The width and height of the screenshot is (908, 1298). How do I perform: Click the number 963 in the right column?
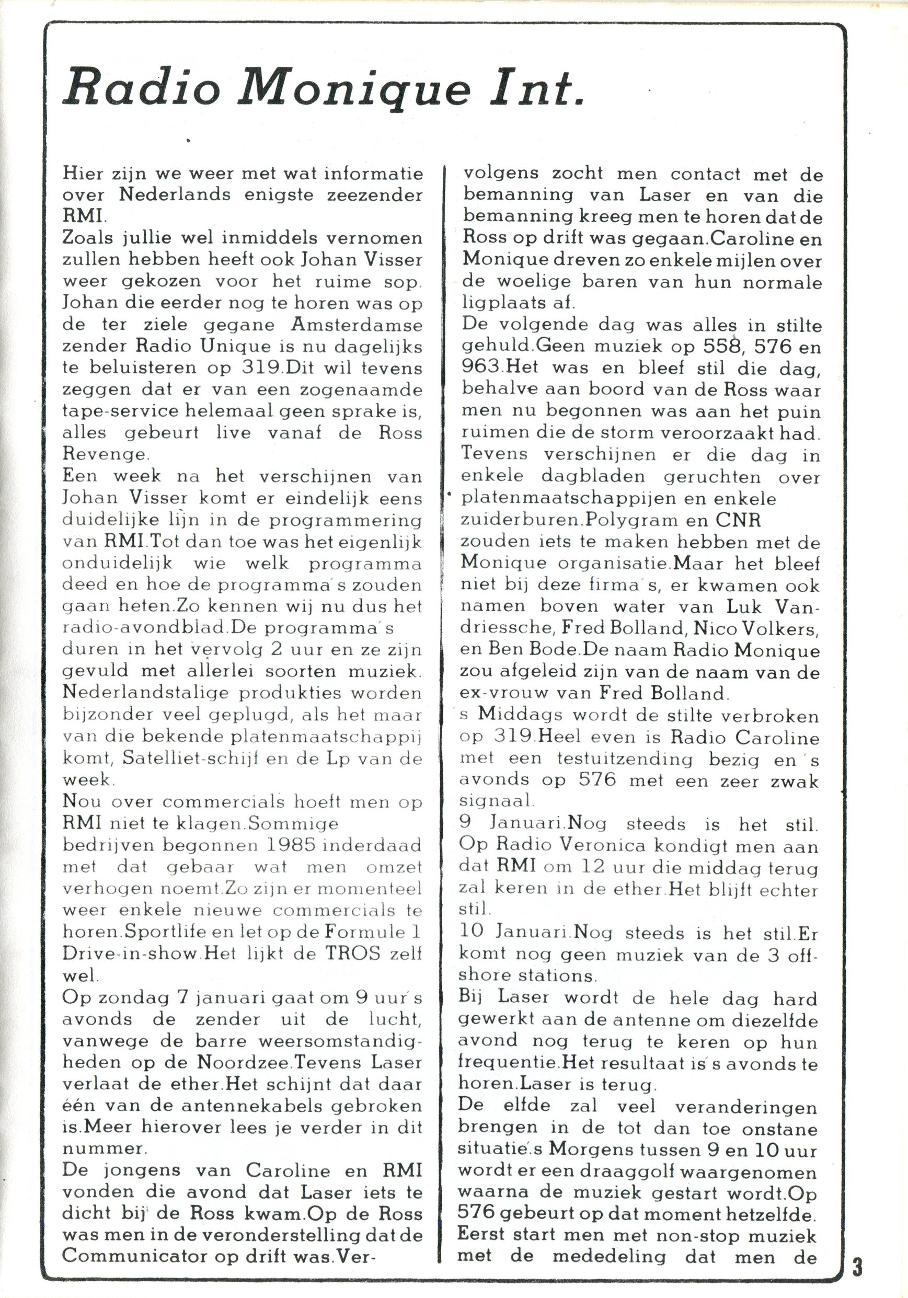(x=480, y=367)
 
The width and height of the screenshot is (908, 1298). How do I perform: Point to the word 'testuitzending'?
(x=624, y=759)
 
